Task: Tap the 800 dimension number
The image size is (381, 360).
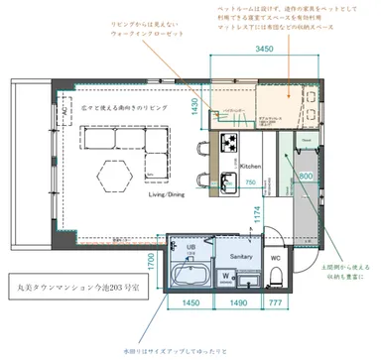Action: pos(306,176)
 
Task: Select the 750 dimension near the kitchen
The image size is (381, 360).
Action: pos(252,181)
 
